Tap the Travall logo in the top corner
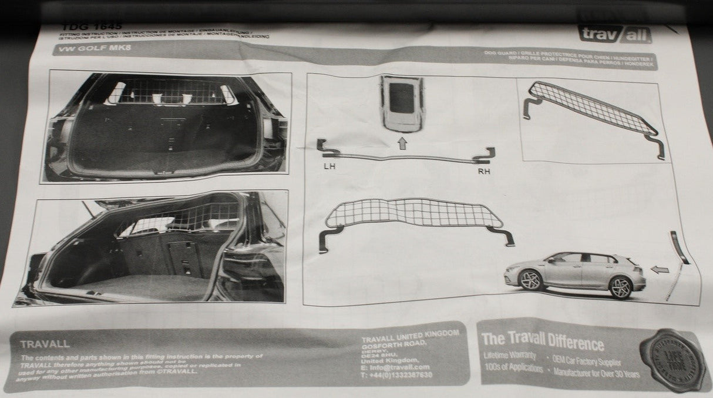pyautogui.click(x=614, y=34)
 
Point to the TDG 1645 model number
pyautogui.click(x=92, y=26)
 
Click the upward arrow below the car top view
pyautogui.click(x=403, y=143)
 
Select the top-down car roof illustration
pyautogui.click(x=402, y=103)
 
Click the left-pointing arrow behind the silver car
pyautogui.click(x=660, y=270)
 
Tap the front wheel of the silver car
pyautogui.click(x=531, y=279)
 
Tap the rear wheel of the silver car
pyautogui.click(x=620, y=287)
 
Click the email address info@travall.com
pyautogui.click(x=396, y=367)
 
